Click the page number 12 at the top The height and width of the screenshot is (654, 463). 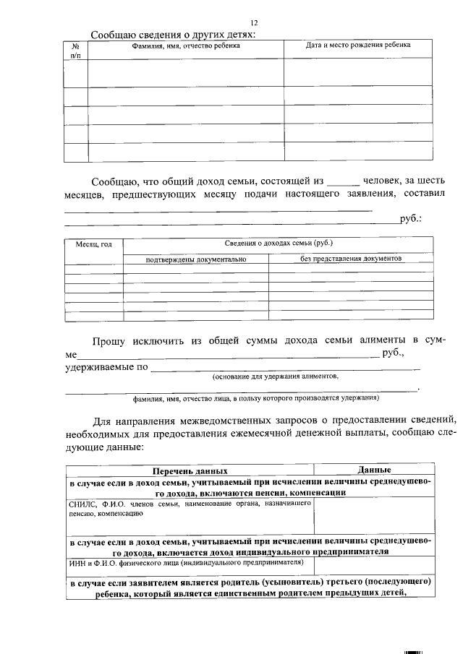click(254, 24)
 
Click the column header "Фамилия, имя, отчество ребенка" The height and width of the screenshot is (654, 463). click(186, 46)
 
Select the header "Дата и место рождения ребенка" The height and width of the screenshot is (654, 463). click(358, 45)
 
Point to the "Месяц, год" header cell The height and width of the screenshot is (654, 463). click(94, 244)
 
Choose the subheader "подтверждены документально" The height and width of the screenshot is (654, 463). click(196, 258)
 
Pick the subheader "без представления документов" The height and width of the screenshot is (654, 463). click(351, 257)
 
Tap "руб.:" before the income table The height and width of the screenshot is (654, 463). click(410, 220)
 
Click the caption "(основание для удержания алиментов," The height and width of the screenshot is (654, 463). click(276, 377)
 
